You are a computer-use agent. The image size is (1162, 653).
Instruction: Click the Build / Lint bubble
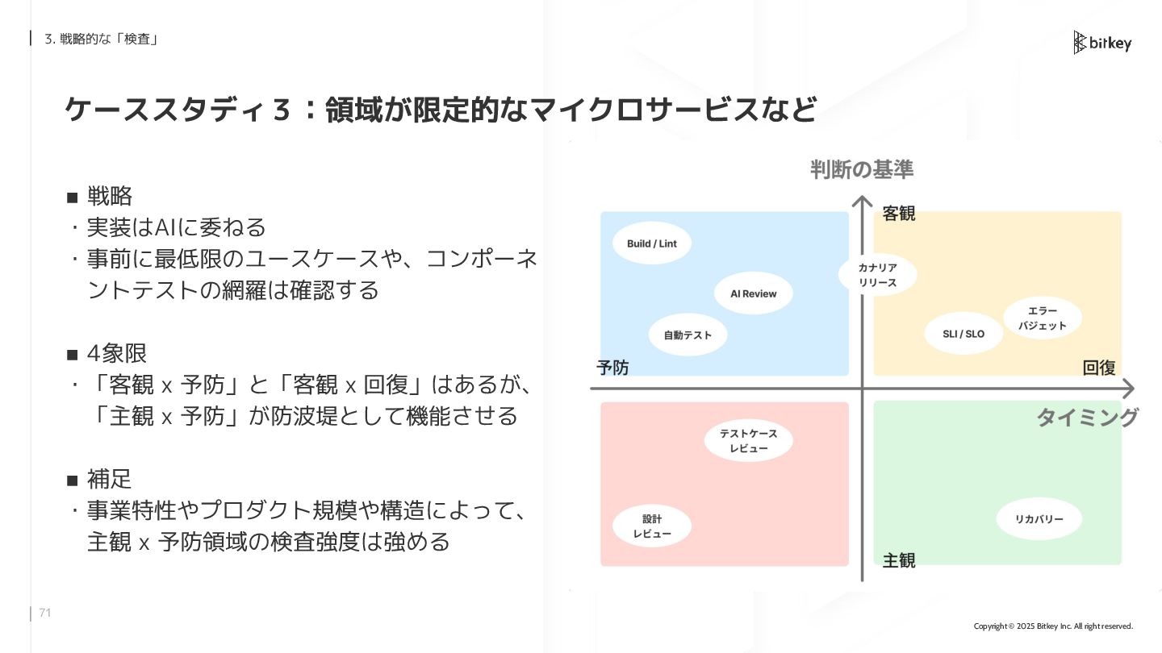652,243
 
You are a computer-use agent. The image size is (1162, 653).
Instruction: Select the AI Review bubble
754,293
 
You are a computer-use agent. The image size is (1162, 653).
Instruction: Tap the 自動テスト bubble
688,335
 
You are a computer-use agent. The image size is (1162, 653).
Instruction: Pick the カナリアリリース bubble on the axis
877,275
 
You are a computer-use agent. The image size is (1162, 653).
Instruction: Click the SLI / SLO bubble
963,334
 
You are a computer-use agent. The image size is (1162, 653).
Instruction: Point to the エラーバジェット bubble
1042,318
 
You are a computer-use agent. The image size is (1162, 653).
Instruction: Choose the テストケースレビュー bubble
748,441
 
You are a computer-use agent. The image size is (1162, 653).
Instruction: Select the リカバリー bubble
1039,519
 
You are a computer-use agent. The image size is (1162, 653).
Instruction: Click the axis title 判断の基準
862,169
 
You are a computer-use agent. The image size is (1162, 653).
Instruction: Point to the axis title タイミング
1087,417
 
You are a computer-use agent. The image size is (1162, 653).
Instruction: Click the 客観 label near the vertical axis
898,214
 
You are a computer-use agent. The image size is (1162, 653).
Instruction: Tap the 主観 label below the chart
898,560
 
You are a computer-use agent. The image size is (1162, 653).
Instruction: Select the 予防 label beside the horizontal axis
612,368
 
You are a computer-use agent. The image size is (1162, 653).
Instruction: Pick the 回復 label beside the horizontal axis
1099,368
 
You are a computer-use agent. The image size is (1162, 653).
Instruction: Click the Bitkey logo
1102,43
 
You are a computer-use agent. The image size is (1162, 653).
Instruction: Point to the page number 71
45,613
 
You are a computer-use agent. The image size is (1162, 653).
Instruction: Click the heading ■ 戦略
100,196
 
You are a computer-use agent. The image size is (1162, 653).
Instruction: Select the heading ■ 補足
100,480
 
